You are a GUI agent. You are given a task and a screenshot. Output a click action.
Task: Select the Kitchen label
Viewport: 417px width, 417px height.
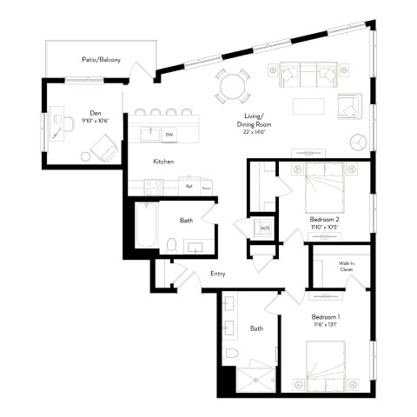pyautogui.click(x=163, y=162)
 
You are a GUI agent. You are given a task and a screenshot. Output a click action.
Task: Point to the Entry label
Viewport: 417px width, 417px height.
pyautogui.click(x=218, y=274)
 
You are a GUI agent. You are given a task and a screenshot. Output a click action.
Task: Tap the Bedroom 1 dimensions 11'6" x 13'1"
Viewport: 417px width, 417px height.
pyautogui.click(x=326, y=327)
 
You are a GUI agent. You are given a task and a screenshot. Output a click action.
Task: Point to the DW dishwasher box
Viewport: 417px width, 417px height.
pyautogui.click(x=169, y=135)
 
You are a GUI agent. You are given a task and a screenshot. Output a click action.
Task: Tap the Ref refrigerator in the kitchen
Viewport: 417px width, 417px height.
pyautogui.click(x=189, y=185)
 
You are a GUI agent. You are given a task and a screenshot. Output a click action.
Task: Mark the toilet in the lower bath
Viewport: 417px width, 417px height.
pyautogui.click(x=231, y=353)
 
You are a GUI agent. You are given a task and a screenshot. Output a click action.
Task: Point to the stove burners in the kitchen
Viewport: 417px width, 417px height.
pyautogui.click(x=153, y=185)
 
